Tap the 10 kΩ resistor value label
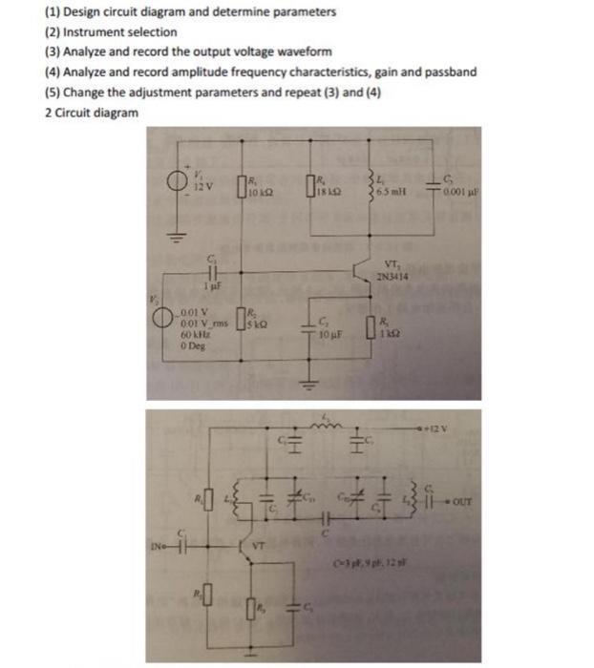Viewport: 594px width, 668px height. pos(259,192)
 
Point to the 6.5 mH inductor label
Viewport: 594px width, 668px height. pos(392,191)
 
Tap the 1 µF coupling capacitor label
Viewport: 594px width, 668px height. pos(214,285)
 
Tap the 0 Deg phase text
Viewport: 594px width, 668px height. pos(190,348)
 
